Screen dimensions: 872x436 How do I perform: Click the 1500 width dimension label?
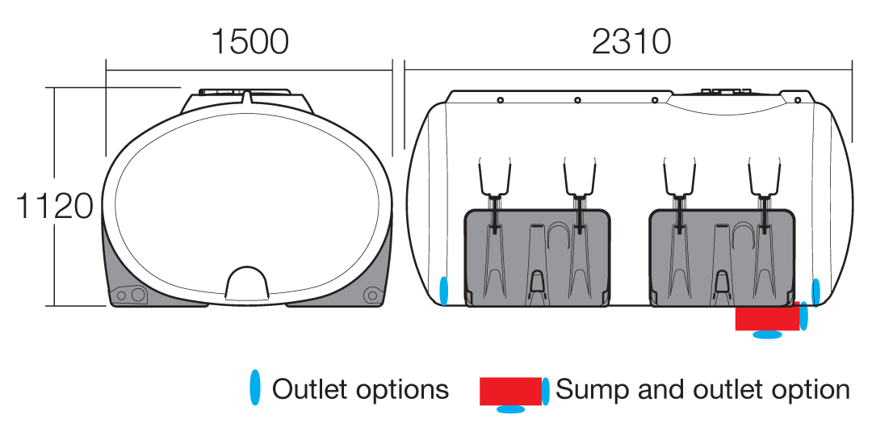pos(249,42)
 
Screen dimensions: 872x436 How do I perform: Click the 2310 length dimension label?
pos(631,42)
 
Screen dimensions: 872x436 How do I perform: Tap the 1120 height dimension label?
pos(55,206)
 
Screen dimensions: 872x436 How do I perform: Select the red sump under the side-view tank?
pos(768,317)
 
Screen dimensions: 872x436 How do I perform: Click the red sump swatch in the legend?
pos(510,391)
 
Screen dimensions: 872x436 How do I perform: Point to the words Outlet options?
pos(360,389)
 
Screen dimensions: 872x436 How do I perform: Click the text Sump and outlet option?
pos(702,390)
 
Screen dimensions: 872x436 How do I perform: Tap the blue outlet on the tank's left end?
pos(444,291)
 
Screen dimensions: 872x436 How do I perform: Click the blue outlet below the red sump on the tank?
pos(768,334)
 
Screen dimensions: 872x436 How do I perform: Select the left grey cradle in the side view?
pos(537,258)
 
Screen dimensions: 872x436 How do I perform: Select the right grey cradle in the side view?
pos(722,258)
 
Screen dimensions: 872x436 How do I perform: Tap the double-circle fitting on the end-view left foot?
pos(132,294)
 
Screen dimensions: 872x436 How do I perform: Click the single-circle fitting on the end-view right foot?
pos(371,295)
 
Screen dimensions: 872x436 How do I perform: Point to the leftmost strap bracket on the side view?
pos(494,177)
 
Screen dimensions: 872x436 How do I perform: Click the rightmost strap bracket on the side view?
pos(765,177)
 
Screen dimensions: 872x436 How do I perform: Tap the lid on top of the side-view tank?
pos(727,90)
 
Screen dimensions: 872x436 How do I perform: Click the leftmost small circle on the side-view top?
pos(501,100)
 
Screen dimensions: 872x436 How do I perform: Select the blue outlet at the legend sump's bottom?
pos(510,409)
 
